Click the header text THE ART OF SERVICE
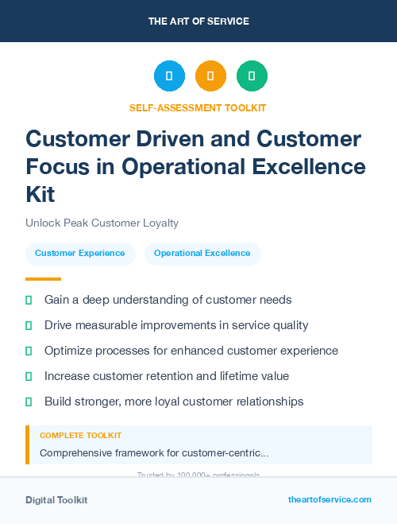[198, 21]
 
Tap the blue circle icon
[169, 76]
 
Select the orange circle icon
[210, 76]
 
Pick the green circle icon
[252, 76]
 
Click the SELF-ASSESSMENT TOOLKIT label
[198, 107]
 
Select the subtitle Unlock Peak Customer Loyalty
[102, 223]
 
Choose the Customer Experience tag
[79, 254]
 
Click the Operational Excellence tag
[202, 254]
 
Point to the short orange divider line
[43, 279]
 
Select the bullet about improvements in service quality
[176, 325]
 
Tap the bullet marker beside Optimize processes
[29, 351]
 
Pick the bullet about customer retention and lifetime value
[166, 376]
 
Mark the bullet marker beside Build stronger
[29, 402]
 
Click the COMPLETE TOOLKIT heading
[80, 436]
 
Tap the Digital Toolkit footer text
[56, 500]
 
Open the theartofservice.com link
[330, 499]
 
